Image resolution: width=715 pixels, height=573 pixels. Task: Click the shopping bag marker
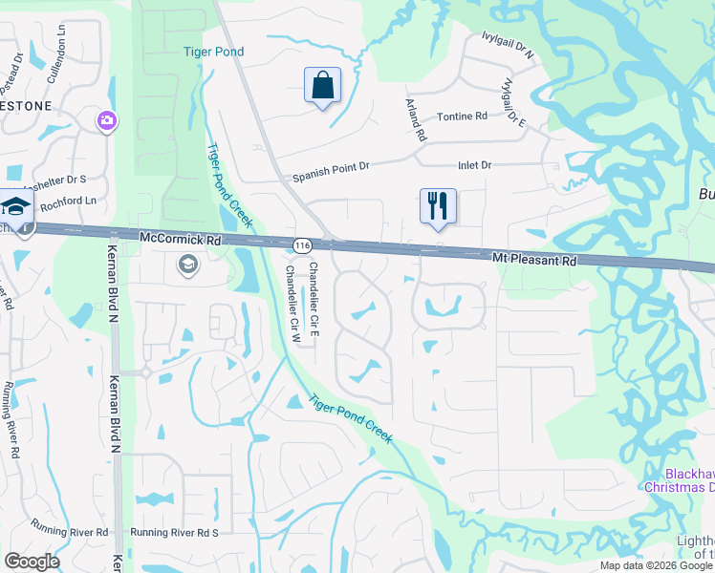coord(322,86)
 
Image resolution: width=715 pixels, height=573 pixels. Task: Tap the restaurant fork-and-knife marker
coord(438,206)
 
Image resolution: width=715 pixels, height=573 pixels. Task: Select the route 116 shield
coord(302,246)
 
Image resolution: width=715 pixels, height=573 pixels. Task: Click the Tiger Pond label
coord(214,53)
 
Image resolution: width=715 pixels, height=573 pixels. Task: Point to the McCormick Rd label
coord(180,238)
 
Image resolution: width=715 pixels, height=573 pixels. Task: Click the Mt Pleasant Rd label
coord(535,260)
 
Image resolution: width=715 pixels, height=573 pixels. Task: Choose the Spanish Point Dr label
coord(331,171)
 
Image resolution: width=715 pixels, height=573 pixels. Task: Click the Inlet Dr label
coord(474,165)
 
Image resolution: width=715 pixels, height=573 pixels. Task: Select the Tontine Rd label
coord(462,117)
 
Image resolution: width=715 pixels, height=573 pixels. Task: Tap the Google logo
coord(32,562)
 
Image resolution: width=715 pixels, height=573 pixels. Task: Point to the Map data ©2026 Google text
coord(656,565)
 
